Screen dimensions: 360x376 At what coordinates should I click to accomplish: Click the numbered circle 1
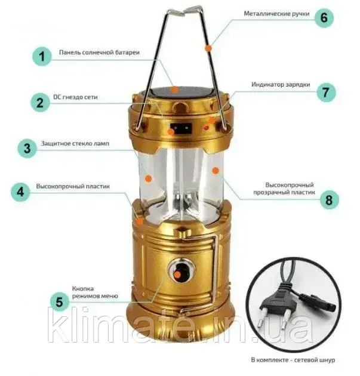[x=42, y=57]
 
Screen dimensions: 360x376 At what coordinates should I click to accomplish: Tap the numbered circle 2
[x=40, y=103]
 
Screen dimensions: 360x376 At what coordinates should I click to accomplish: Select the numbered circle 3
[x=27, y=148]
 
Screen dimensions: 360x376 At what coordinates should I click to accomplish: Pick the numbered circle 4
[x=20, y=192]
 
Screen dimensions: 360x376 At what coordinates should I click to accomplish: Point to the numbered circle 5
[x=59, y=301]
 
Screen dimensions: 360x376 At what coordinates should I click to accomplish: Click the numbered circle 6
[x=324, y=17]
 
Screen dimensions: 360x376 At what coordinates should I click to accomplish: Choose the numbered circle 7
[x=326, y=93]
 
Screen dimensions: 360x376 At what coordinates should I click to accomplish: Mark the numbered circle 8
[x=330, y=200]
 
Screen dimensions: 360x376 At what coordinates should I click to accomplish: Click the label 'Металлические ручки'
[x=276, y=14]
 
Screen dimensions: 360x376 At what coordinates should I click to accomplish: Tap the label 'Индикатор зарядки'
[x=281, y=84]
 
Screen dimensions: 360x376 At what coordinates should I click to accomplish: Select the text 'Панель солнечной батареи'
[x=99, y=53]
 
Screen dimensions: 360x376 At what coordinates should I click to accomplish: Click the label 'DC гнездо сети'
[x=75, y=97]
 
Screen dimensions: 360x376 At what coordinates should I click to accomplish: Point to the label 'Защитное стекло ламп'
[x=75, y=143]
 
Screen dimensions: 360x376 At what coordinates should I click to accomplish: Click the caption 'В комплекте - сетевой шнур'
[x=293, y=360]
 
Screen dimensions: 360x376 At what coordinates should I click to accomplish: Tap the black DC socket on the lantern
[x=181, y=129]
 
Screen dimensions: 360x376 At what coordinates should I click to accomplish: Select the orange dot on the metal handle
[x=208, y=48]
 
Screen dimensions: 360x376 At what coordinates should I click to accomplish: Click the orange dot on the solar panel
[x=175, y=90]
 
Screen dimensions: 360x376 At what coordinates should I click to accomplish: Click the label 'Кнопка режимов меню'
[x=95, y=292]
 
